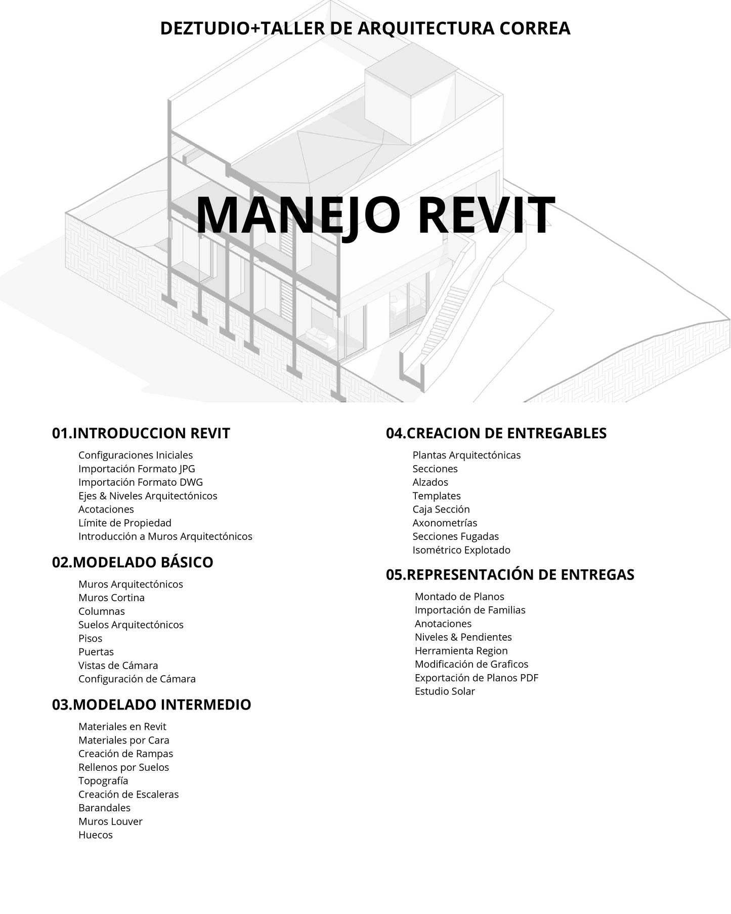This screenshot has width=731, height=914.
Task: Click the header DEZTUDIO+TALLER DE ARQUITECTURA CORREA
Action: click(x=365, y=28)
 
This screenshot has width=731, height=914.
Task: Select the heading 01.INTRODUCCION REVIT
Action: click(x=141, y=433)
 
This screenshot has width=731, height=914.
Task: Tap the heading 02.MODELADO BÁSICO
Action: click(x=133, y=562)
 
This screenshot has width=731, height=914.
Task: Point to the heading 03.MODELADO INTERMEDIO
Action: click(x=151, y=704)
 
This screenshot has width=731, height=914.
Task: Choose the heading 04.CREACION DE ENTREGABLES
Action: click(x=496, y=433)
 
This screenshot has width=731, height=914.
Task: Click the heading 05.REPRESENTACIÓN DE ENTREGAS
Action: click(x=510, y=574)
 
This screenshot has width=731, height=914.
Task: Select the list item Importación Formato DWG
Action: click(x=141, y=482)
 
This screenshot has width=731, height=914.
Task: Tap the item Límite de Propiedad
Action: click(x=125, y=523)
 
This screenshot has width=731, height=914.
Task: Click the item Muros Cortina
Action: click(x=111, y=598)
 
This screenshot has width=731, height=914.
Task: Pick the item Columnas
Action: click(x=102, y=611)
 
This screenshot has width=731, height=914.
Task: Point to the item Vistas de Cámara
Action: click(x=118, y=666)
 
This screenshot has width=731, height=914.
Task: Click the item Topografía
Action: click(x=103, y=781)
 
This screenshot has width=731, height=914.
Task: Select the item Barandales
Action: click(x=104, y=808)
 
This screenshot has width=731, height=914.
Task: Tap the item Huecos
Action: click(x=96, y=835)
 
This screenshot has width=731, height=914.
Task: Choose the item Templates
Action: click(x=437, y=496)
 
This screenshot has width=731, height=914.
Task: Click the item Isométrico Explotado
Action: click(x=461, y=550)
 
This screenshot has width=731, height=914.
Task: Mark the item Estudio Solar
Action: click(x=445, y=691)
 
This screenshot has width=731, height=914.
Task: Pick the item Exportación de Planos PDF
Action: click(x=477, y=678)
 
